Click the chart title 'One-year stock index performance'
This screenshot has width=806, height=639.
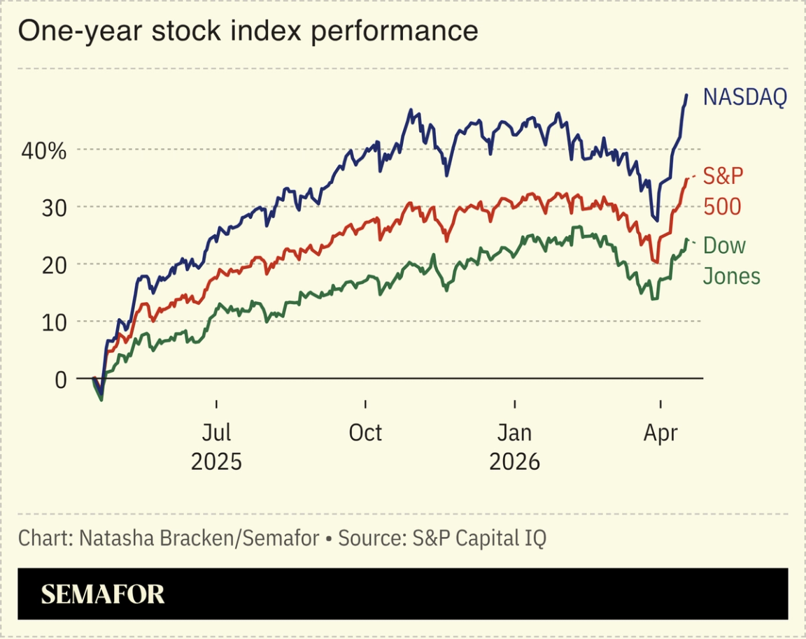click(248, 31)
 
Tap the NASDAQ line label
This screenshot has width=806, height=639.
click(744, 97)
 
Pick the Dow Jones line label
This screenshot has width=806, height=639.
click(730, 261)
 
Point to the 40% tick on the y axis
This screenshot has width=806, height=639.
click(43, 150)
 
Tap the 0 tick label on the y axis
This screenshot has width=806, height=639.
click(61, 380)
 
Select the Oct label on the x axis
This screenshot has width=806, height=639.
click(365, 433)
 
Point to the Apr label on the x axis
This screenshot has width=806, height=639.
click(660, 433)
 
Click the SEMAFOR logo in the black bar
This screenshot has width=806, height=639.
click(103, 594)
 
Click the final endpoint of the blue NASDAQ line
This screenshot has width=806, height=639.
click(686, 94)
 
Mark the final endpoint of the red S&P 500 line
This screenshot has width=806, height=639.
click(687, 179)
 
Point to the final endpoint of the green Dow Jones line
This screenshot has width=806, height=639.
click(686, 240)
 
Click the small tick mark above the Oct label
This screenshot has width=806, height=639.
click(365, 405)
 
